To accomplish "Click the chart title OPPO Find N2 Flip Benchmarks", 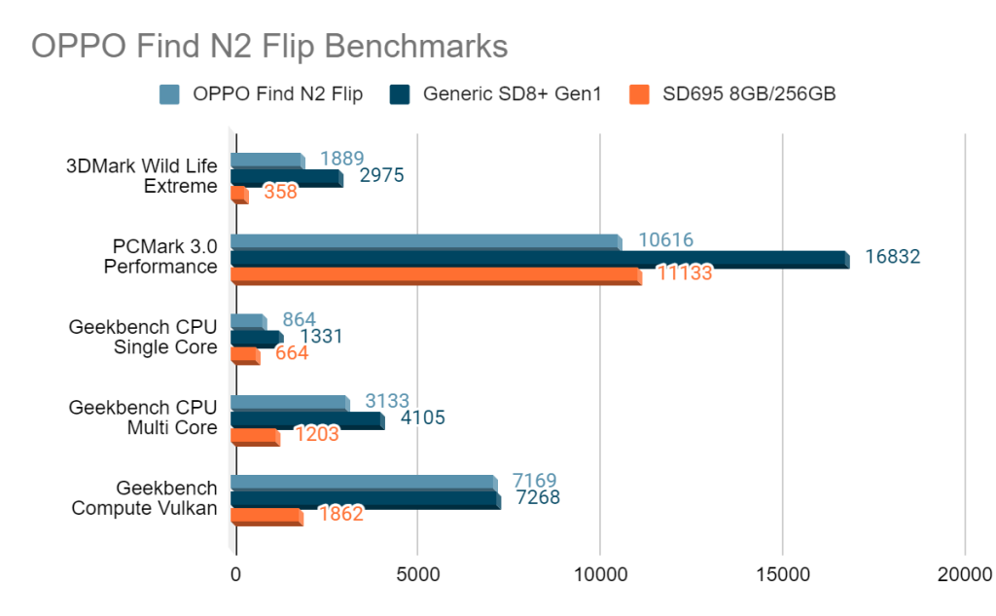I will pos(269,47).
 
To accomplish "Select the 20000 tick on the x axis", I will pos(964,575).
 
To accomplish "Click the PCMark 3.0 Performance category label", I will pos(160,256).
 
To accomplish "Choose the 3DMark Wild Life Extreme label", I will pos(142,175).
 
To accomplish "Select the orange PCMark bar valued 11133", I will pos(435,276).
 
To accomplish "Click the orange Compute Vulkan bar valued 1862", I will pos(266,517).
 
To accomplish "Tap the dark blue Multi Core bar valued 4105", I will pos(306,420).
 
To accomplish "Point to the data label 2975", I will pos(381,175).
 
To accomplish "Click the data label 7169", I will pos(535,481).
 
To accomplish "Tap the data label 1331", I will pos(321,337).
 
